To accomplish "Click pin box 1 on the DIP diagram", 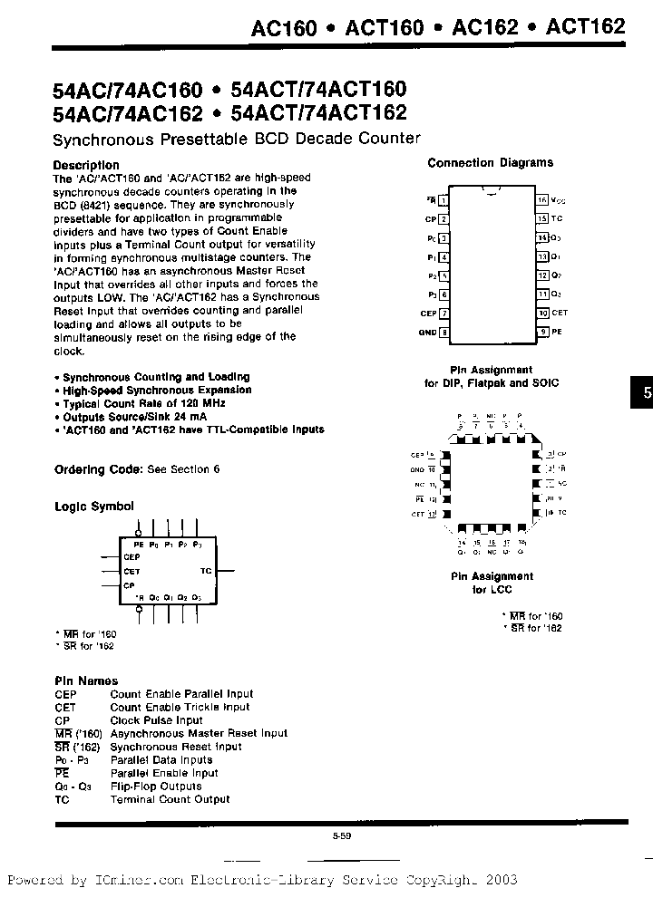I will [x=443, y=199].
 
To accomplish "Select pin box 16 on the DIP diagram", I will [x=541, y=199].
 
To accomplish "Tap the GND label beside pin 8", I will [x=428, y=333].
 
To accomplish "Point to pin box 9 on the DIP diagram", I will [x=541, y=333].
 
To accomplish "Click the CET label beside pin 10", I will [x=560, y=314].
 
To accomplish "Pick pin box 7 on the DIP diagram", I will [x=443, y=314].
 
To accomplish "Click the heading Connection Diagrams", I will [x=490, y=163].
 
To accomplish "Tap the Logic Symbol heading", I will [x=94, y=507].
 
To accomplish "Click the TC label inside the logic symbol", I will [x=206, y=571].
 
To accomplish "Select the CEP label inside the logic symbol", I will [x=132, y=557].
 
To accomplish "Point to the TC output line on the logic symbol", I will [x=225, y=571].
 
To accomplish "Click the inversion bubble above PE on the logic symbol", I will [x=139, y=534].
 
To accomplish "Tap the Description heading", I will [x=86, y=165].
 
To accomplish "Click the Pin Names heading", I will [x=86, y=681].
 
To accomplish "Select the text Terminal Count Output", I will [x=170, y=799].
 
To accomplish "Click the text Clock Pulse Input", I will [x=156, y=720].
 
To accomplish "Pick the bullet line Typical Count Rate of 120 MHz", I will [x=143, y=403].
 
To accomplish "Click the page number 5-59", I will [x=341, y=836].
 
